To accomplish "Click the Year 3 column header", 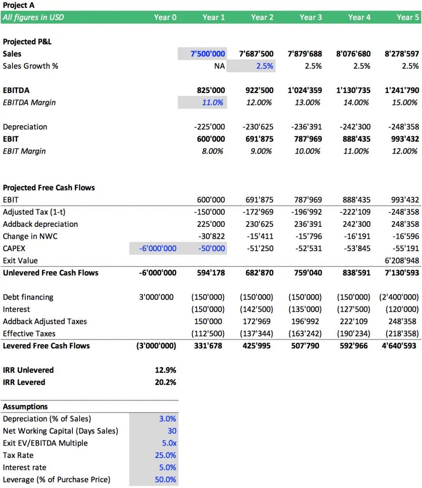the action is [311, 18].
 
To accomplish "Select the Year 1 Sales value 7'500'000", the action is [207, 54].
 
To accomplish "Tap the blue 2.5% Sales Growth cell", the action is [265, 66].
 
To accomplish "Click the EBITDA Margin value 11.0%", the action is [213, 102].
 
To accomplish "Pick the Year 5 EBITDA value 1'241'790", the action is [402, 90].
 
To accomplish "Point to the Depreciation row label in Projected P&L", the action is [25, 127].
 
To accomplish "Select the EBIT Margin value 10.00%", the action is [307, 151].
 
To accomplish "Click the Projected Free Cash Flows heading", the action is [49, 188].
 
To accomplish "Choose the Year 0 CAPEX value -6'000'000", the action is [157, 248].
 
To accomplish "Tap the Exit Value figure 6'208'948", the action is [402, 261].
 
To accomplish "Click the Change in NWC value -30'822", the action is [211, 236].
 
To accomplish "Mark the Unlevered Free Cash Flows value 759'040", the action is [308, 273].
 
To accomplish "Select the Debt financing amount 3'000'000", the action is [157, 297].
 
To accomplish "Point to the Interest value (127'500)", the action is [353, 309].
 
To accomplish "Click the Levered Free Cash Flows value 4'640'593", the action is [399, 346].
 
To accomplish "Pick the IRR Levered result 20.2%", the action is [165, 382].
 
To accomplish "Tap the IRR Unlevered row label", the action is [28, 370].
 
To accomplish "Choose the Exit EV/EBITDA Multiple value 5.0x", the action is [169, 443].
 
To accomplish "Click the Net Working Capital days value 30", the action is [172, 431].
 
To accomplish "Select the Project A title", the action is [19, 5].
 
